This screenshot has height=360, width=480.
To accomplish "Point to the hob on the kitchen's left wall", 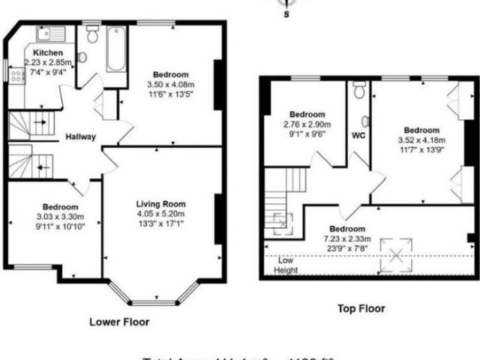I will coord(14,73).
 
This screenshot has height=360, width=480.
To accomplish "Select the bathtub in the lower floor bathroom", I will coord(116,49).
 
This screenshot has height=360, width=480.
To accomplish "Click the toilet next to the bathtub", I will coord(93,34).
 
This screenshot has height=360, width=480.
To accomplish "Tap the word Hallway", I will coord(80,137).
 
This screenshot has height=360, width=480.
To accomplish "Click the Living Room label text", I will coord(160,203).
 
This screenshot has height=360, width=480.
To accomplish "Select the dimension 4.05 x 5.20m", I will coord(160,213).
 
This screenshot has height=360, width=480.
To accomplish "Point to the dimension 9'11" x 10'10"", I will coord(55,225).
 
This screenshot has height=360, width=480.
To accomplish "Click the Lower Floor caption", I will coord(119,322).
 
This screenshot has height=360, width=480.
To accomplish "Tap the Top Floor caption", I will coord(361,307).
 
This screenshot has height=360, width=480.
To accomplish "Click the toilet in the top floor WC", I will coord(359,92).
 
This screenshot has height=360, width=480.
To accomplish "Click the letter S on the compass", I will coord(285,13).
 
